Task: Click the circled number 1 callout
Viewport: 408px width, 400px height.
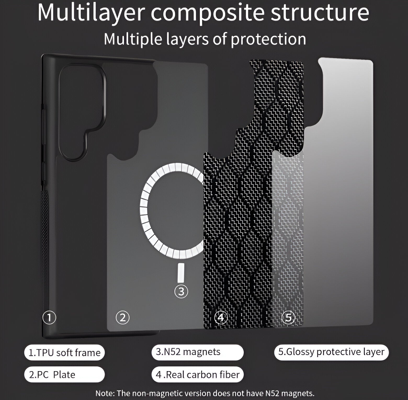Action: coord(49,318)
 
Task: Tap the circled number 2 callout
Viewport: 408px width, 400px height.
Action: coord(123,318)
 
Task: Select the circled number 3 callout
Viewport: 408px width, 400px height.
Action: coord(181,291)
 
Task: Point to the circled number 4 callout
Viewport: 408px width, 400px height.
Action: coord(221,318)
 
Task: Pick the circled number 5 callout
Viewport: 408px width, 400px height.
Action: coord(288,317)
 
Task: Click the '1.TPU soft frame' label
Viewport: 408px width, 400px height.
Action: coord(64,353)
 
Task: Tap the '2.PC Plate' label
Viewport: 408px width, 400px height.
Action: coord(64,375)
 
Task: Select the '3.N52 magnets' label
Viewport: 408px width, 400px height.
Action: coord(197,352)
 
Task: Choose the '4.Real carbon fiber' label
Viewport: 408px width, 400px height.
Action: coord(197,375)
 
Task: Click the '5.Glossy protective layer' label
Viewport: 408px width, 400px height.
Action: coord(331,352)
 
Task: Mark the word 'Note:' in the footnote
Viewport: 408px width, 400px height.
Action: coord(105,393)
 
